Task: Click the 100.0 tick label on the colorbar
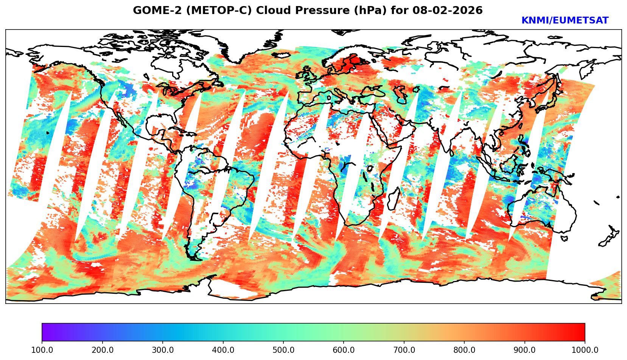(42, 350)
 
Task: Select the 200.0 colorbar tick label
(102, 350)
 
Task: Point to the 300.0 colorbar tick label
(162, 350)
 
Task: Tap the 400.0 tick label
(223, 350)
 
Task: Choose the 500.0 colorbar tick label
(283, 350)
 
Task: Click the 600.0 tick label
(344, 350)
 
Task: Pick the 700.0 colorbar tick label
(404, 350)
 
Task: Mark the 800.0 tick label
(464, 350)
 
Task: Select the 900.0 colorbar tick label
(524, 350)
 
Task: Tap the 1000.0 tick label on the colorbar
(585, 350)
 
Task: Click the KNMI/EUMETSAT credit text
(565, 21)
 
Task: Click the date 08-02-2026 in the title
(448, 11)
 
